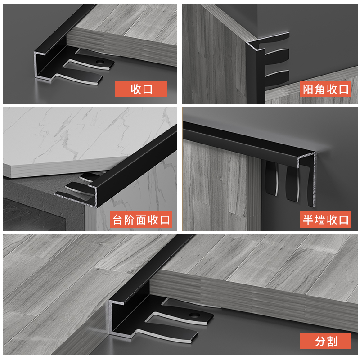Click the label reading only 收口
141,89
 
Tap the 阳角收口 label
325,89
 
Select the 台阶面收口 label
141,220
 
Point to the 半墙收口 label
325,220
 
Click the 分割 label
325,341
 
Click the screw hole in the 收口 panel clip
100,62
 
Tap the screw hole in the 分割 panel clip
195,315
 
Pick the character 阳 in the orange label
308,89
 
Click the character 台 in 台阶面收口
117,220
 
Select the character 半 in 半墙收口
308,220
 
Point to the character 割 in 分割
332,341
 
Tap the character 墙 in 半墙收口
320,220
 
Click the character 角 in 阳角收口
320,89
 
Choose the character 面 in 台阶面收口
141,220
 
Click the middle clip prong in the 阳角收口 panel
277,56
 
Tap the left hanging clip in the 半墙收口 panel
272,178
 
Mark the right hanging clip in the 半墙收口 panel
292,184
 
